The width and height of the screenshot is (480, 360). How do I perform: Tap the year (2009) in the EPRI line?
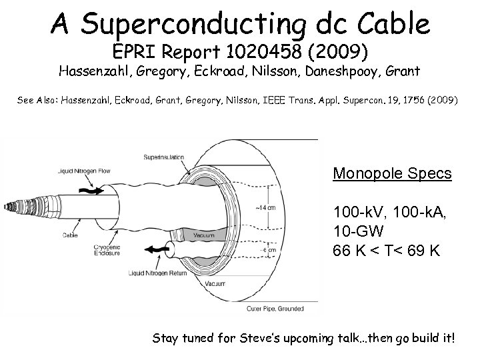coord(319,51)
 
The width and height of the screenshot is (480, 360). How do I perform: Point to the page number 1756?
coord(413,101)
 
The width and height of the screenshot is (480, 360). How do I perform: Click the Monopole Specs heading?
coord(393,174)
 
